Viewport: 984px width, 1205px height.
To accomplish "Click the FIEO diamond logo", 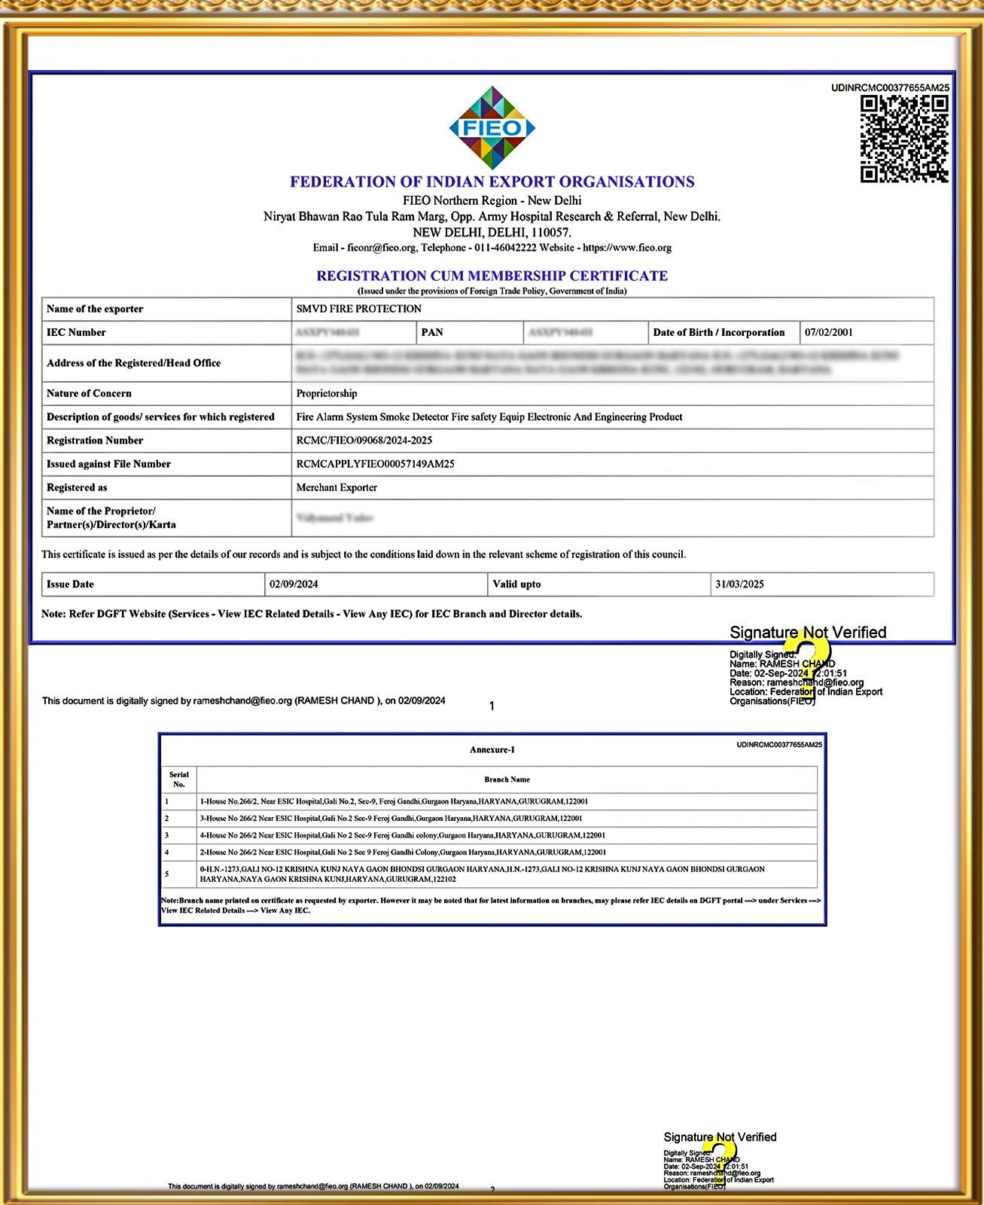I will point(492,127).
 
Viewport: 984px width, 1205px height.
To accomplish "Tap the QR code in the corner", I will point(904,139).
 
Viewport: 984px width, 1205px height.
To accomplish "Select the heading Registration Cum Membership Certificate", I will point(492,276).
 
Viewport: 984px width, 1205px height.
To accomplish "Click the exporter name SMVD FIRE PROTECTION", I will point(358,309).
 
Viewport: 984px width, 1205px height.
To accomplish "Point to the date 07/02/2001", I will point(828,332).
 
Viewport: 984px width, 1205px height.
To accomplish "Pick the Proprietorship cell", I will point(327,393).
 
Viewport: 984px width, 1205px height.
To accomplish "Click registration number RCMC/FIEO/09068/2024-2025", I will point(364,440).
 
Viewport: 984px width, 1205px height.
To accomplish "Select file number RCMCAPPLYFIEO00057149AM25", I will point(375,464).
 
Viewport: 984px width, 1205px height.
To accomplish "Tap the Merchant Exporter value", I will point(337,487).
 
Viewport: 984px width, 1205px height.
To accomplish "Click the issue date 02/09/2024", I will point(294,584).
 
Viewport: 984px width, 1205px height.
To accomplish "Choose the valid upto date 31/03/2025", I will point(739,584).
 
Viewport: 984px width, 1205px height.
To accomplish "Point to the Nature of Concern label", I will point(89,393).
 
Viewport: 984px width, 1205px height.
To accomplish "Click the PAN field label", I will point(432,332).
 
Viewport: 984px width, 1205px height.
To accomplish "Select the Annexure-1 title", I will point(492,749).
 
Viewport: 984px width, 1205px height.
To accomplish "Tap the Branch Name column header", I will point(507,779).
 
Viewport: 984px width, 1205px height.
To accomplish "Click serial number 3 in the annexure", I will point(167,835).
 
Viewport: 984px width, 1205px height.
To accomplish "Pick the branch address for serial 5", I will point(482,874).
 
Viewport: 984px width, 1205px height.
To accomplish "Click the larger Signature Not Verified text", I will point(808,633).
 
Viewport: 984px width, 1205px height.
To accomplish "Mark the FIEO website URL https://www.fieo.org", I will point(627,248).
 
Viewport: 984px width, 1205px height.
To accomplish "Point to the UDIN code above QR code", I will point(890,88).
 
